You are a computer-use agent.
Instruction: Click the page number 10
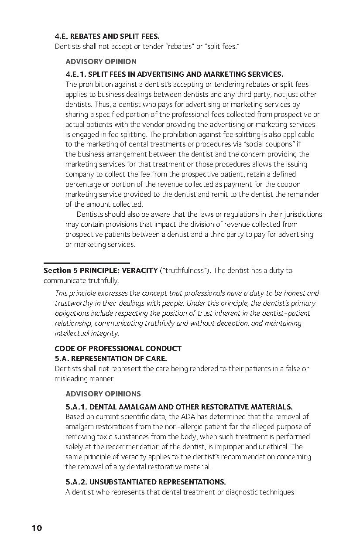click(37, 528)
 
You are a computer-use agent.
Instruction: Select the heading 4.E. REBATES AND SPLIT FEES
click(107, 37)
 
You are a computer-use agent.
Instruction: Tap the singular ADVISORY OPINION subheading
click(101, 61)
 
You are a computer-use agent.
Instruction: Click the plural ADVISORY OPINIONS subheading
click(103, 394)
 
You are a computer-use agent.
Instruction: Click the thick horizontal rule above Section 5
click(86, 263)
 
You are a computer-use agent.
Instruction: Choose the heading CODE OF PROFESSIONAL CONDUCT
click(118, 348)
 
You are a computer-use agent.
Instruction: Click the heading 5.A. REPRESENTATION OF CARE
click(111, 358)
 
